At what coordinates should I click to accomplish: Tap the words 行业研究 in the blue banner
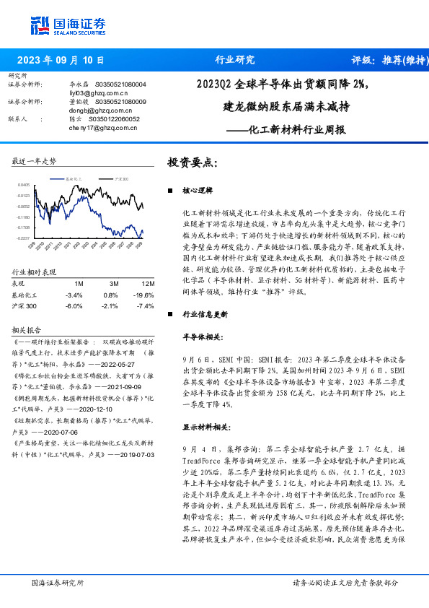point(235,60)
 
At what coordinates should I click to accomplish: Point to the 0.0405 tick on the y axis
point(23,185)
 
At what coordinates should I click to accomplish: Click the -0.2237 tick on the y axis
point(23,238)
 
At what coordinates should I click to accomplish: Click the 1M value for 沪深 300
point(74,305)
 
